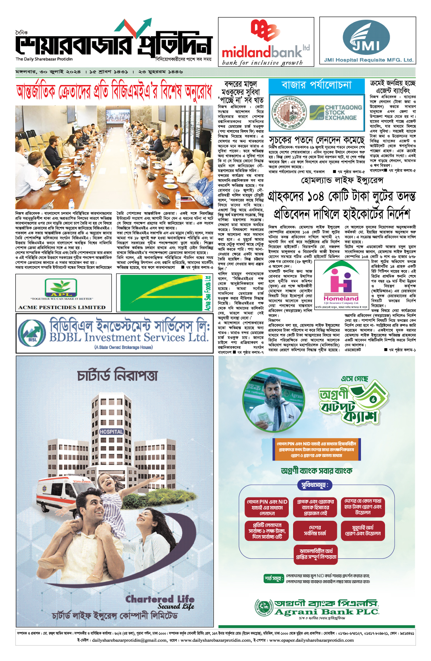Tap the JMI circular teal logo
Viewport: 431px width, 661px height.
click(x=366, y=38)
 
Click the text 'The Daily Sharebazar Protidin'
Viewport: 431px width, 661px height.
click(x=44, y=59)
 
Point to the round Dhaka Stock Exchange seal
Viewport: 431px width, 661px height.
click(x=289, y=112)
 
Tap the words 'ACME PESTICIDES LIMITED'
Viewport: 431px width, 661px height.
click(x=62, y=307)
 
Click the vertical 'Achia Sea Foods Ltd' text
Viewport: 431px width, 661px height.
click(x=208, y=293)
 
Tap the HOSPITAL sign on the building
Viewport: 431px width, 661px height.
click(x=111, y=432)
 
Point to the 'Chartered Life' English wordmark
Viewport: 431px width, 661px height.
click(x=160, y=599)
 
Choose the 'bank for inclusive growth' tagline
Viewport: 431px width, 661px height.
click(x=262, y=63)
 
